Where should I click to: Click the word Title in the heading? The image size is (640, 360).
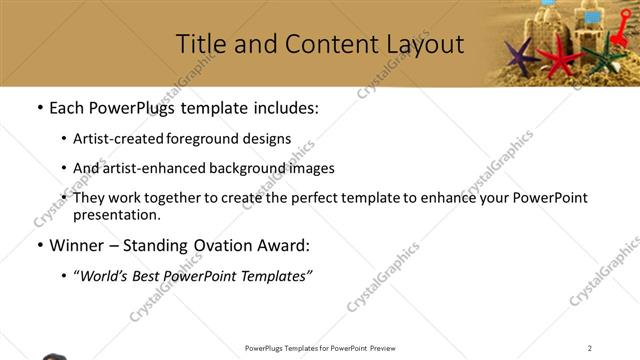pyautogui.click(x=199, y=44)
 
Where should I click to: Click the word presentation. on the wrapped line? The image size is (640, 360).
pyautogui.click(x=116, y=214)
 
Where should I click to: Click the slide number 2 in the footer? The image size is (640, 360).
pyautogui.click(x=590, y=348)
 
